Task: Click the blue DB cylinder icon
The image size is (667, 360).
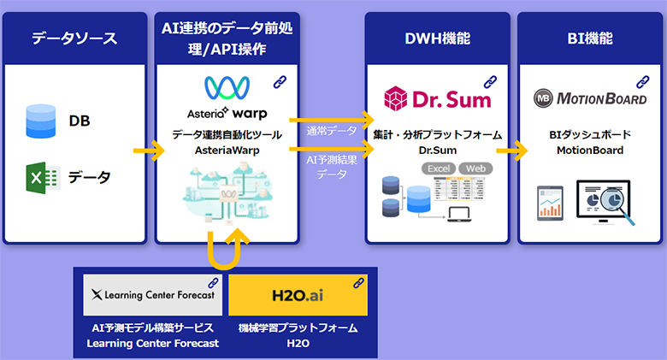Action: click(41, 121)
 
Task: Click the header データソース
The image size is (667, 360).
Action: click(74, 38)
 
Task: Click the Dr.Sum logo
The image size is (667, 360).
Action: click(438, 97)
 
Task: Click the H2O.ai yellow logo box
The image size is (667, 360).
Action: click(298, 296)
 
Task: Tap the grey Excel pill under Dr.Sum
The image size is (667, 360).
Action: click(439, 168)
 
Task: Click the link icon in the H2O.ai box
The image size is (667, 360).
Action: click(357, 282)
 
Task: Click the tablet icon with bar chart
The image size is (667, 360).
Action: click(550, 203)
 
